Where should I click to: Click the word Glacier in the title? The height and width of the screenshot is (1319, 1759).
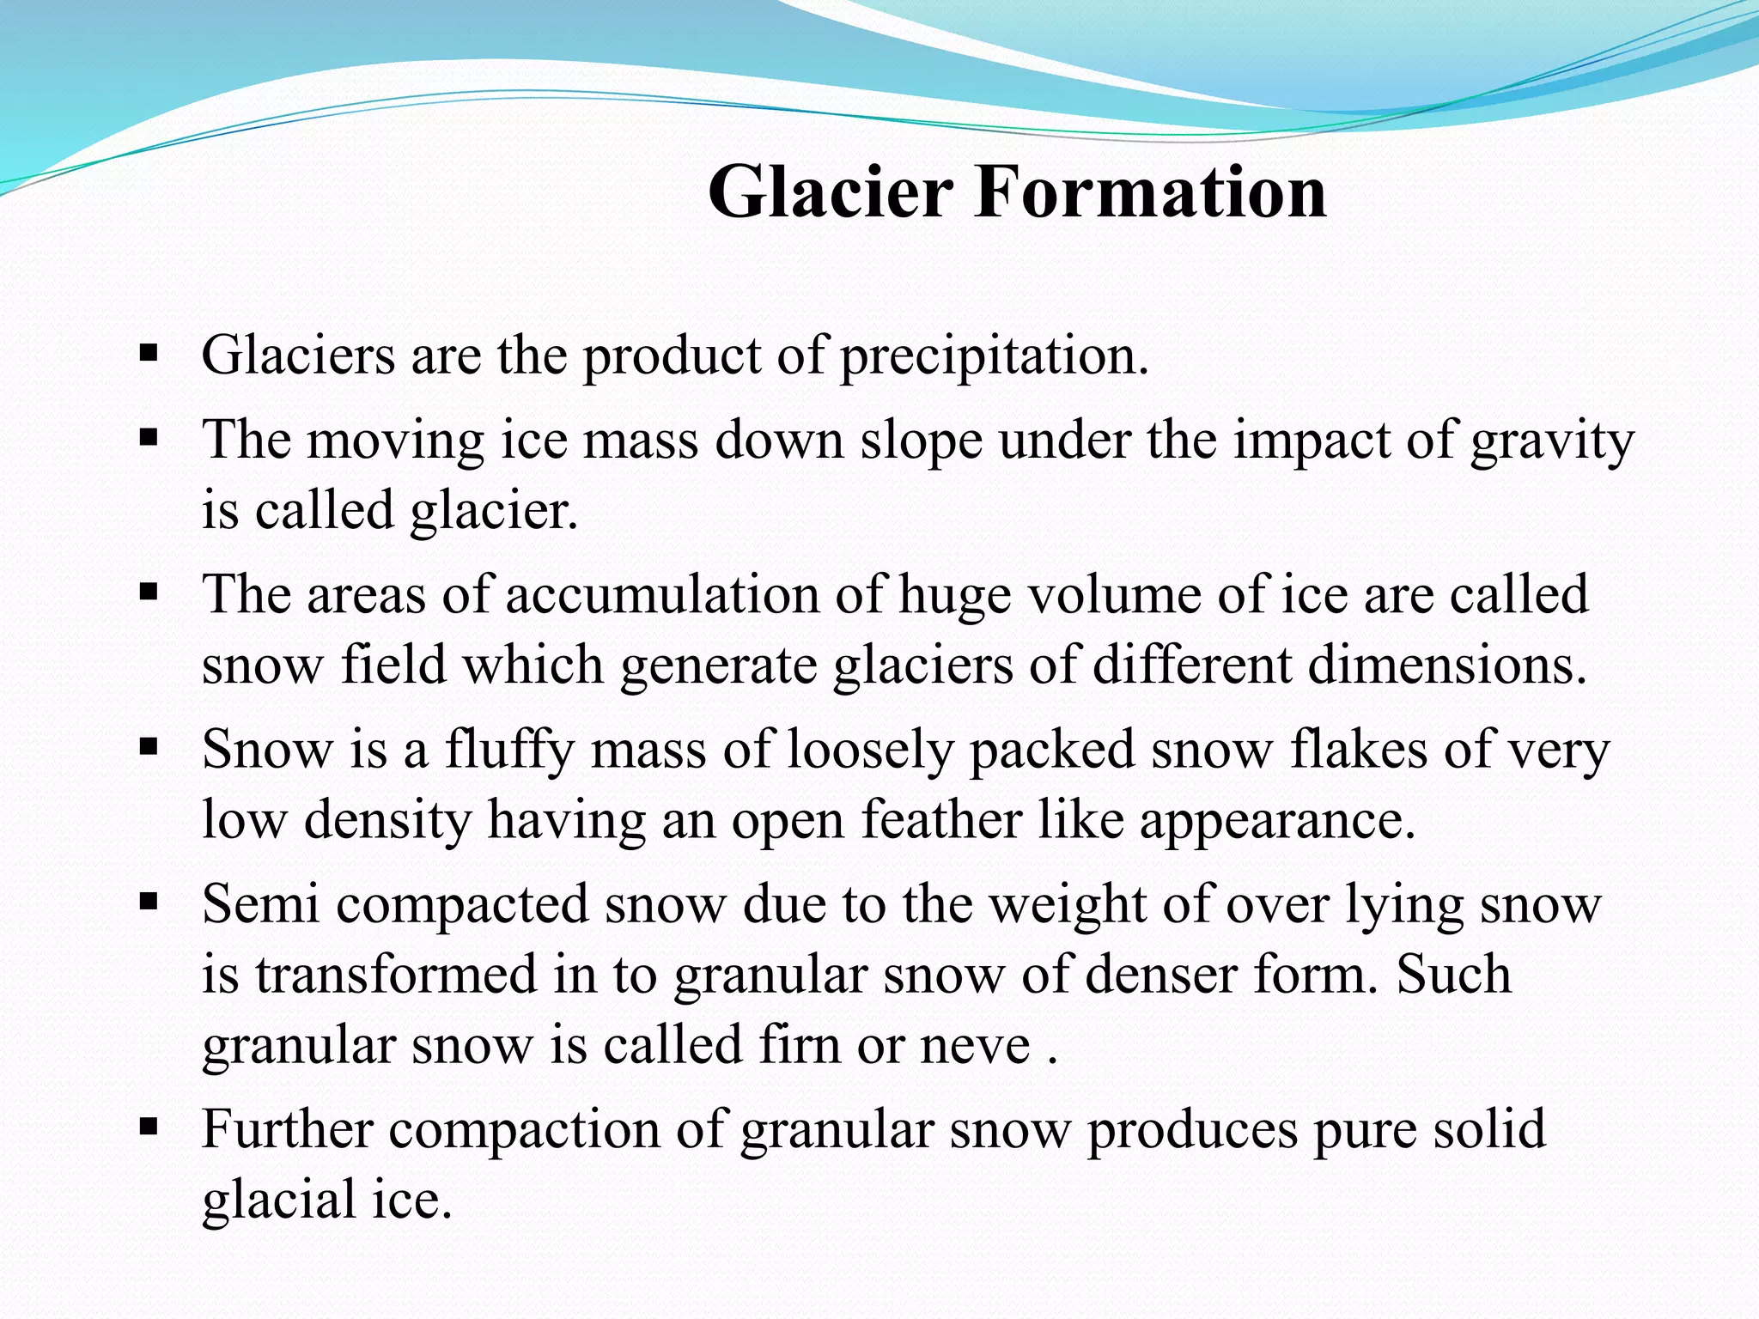pos(830,192)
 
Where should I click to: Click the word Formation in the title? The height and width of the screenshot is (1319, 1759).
pos(1150,192)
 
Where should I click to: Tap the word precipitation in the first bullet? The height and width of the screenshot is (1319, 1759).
pos(993,357)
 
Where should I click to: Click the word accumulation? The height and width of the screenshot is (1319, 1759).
pos(661,595)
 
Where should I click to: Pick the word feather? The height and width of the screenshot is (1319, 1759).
pos(941,820)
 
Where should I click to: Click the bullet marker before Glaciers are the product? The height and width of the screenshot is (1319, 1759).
pos(149,353)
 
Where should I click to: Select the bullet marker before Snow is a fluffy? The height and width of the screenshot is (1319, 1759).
pos(149,747)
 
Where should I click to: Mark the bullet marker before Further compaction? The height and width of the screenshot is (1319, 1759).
pos(149,1125)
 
